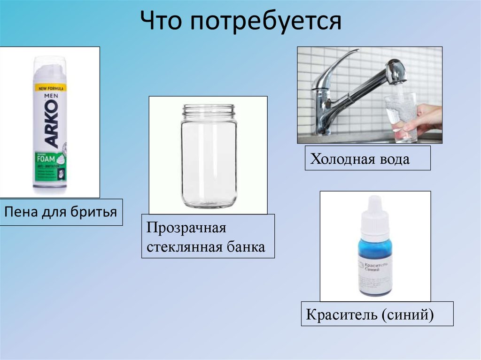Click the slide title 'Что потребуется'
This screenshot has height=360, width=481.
pyautogui.click(x=240, y=21)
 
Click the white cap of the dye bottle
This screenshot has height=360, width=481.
pyautogui.click(x=374, y=211)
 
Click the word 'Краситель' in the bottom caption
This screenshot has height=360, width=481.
pyautogui.click(x=341, y=314)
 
